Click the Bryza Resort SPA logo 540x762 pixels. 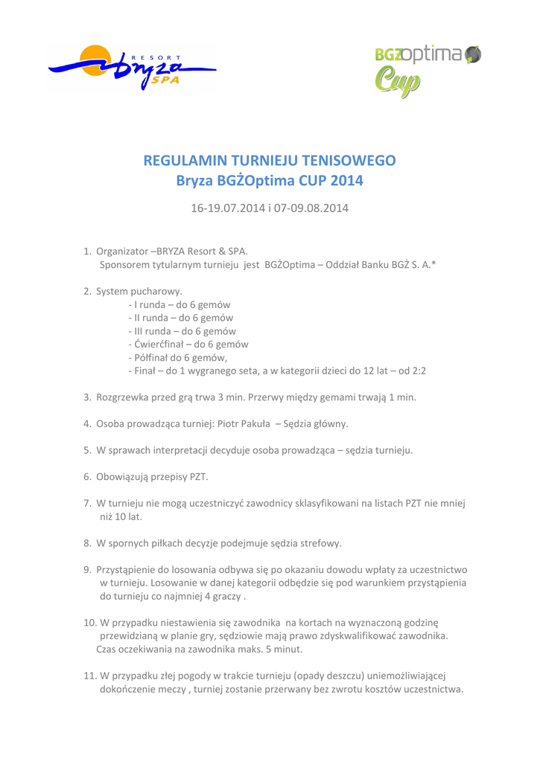pos(133,68)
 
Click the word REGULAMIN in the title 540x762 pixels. pos(187,160)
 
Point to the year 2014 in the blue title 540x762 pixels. pos(349,181)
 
